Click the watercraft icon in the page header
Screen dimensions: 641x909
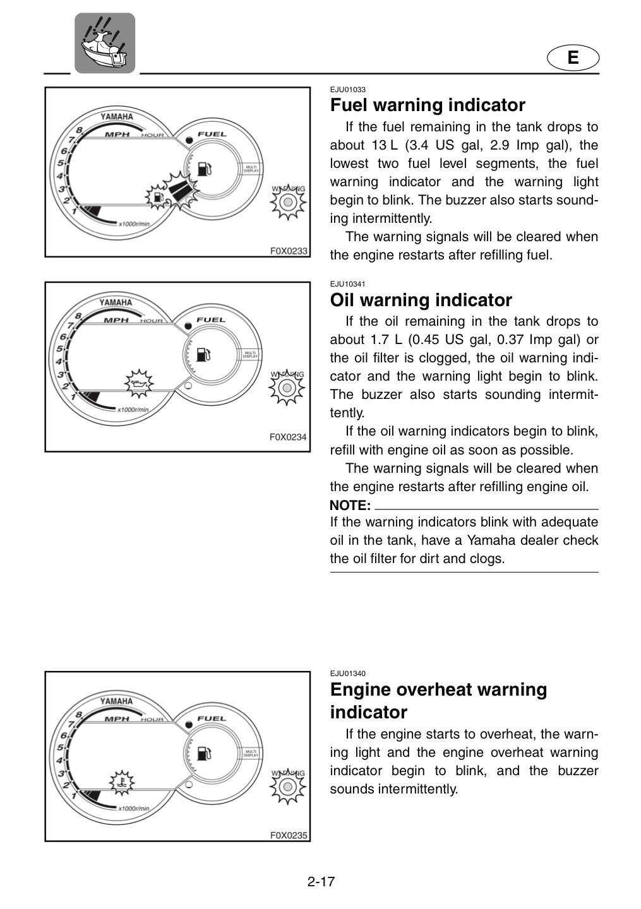(105, 43)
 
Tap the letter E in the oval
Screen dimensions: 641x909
(573, 57)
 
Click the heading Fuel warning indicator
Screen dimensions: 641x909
(428, 105)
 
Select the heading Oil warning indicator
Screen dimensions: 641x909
(421, 300)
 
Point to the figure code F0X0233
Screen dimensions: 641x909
(289, 251)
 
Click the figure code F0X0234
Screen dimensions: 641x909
(288, 437)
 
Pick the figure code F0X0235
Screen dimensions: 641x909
(289, 836)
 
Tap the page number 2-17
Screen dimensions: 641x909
(321, 882)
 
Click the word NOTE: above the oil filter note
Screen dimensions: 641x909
(350, 506)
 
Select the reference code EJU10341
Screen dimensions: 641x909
(347, 284)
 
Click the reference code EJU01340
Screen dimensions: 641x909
(347, 674)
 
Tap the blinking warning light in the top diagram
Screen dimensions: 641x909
(288, 202)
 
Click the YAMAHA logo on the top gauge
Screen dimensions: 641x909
(116, 117)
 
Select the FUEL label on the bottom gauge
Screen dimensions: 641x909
(212, 718)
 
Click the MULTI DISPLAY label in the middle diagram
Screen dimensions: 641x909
(250, 355)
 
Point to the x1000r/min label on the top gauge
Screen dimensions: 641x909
(134, 223)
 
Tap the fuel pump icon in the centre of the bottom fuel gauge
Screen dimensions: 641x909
(204, 754)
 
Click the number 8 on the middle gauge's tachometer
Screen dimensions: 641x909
(78, 316)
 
